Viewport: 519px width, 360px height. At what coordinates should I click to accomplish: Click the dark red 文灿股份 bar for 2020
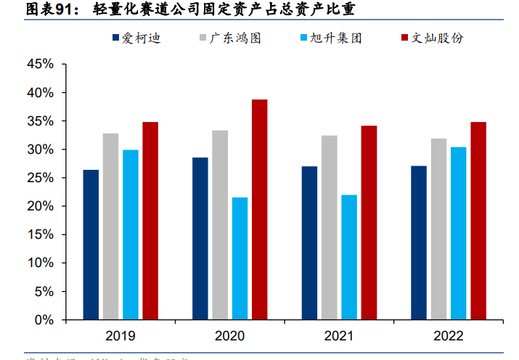pos(259,210)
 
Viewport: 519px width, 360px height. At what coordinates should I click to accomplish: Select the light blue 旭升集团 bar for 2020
pos(240,258)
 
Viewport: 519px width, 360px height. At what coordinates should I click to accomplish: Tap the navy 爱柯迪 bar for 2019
pos(91,245)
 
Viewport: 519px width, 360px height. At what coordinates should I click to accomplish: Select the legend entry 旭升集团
pos(336,38)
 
